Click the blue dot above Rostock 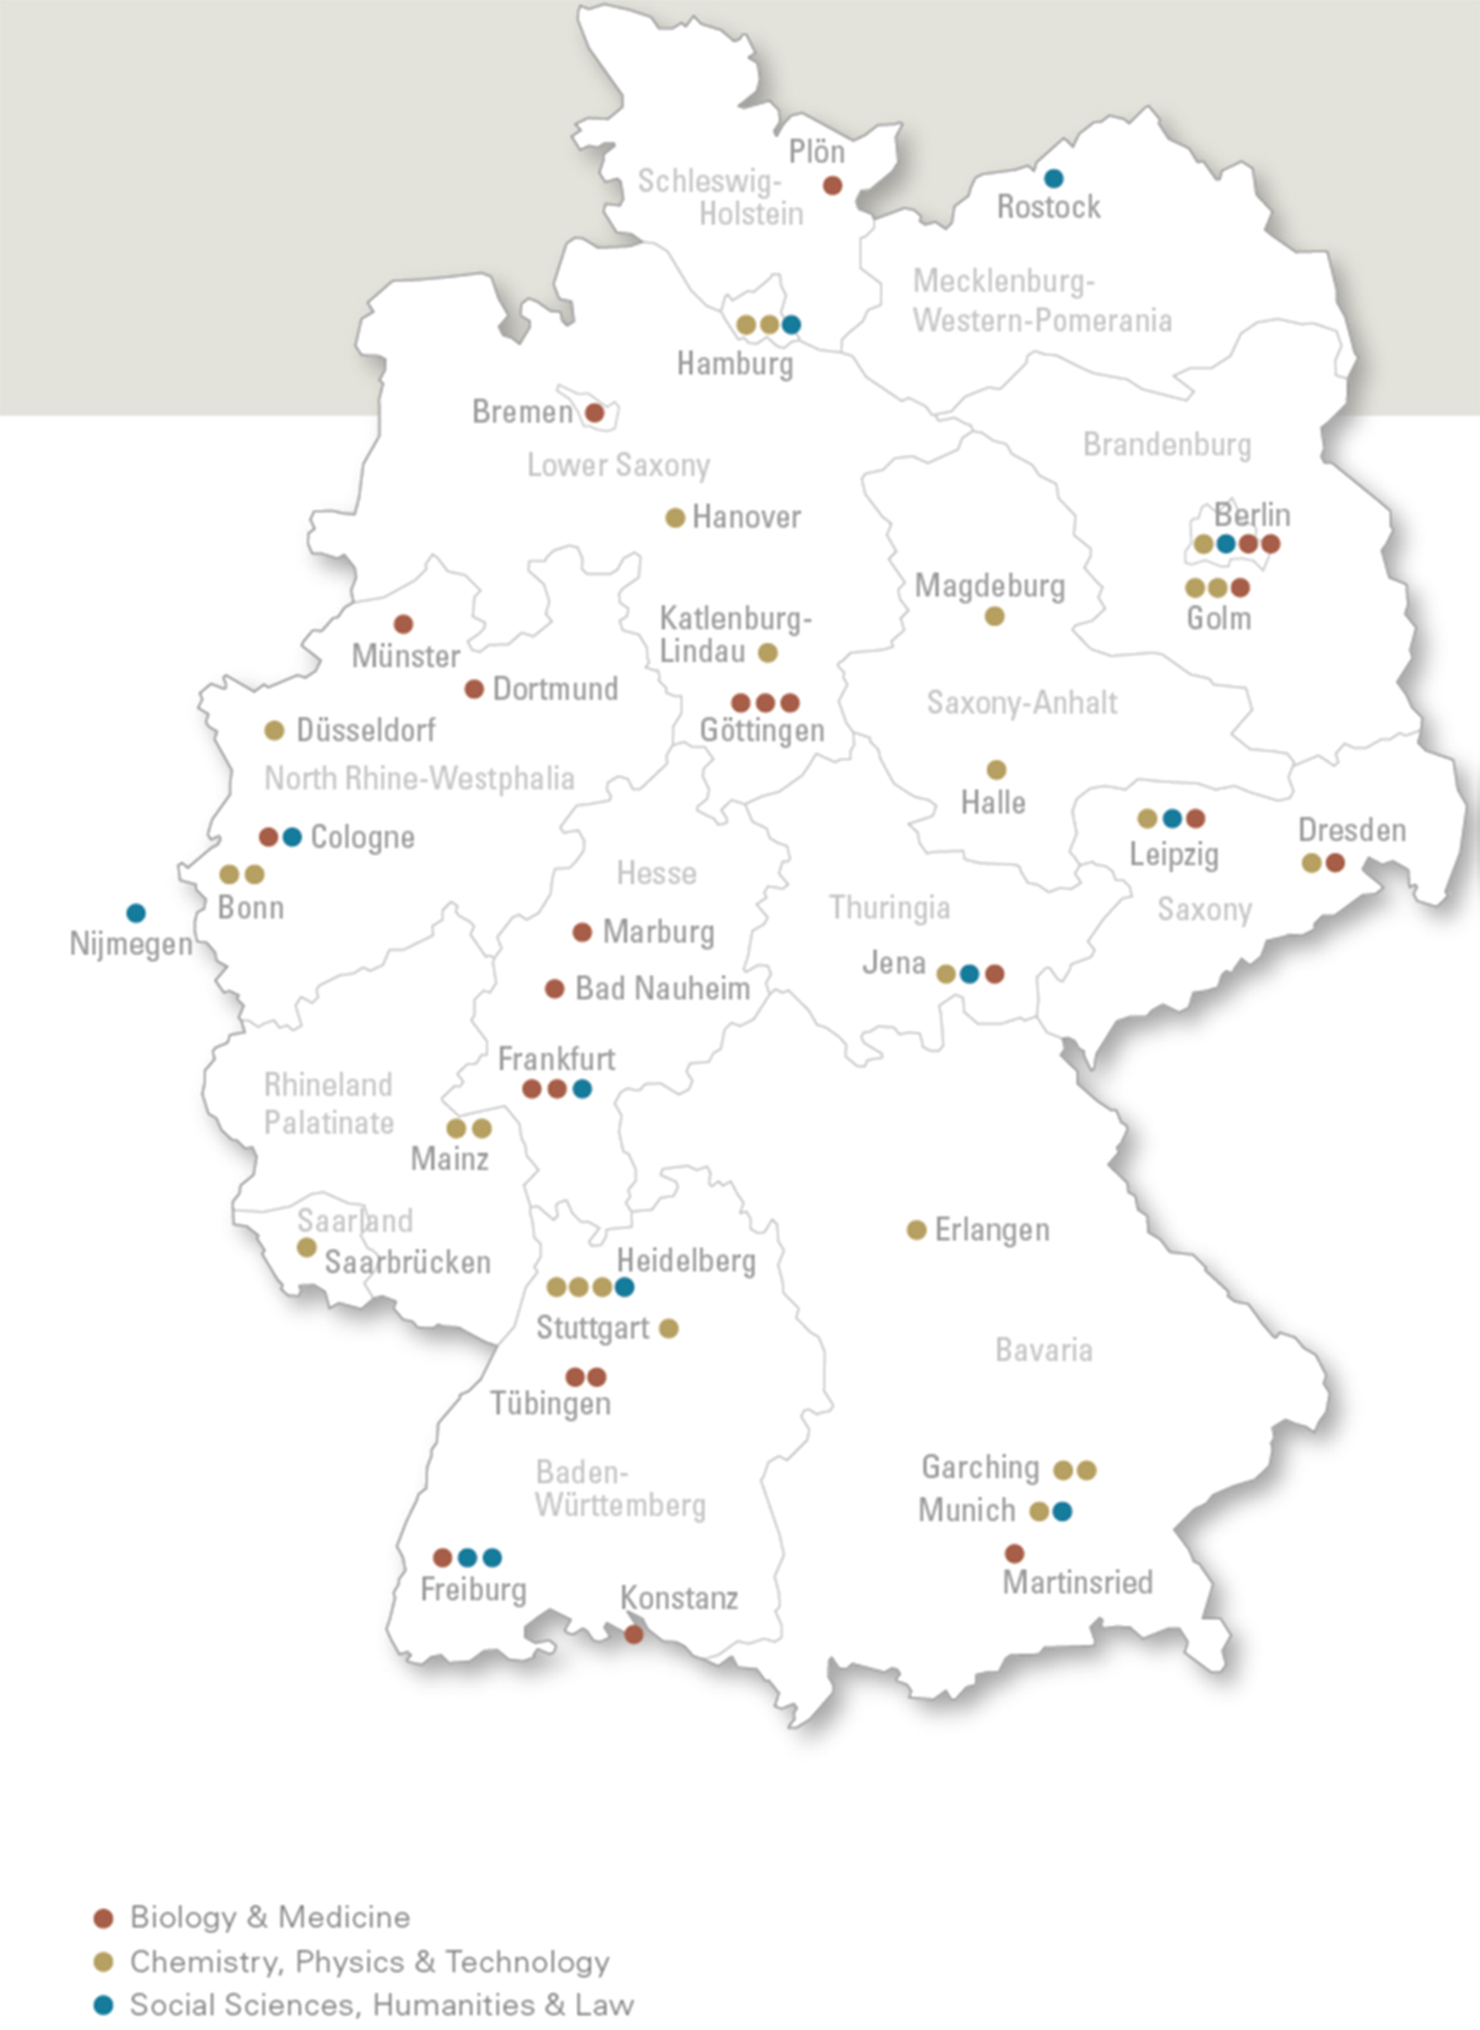pos(1054,179)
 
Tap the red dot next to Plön pos(832,185)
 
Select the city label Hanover pos(746,517)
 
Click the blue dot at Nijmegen pos(136,913)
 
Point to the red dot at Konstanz pos(633,1634)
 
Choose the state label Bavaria pos(1044,1350)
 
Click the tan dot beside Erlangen pos(916,1230)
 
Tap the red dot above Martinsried pos(1014,1552)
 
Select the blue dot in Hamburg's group pos(791,324)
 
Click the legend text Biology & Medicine pos(269,1917)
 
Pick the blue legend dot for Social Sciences pos(104,2005)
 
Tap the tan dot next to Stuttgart pos(669,1327)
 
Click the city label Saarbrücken pos(407,1262)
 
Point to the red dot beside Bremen pos(594,413)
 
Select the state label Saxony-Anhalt pos(1021,703)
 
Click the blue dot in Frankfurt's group pos(582,1089)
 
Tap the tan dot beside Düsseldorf pos(274,730)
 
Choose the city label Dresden pos(1352,830)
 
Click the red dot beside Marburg pos(582,932)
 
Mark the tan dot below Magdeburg pos(994,617)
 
